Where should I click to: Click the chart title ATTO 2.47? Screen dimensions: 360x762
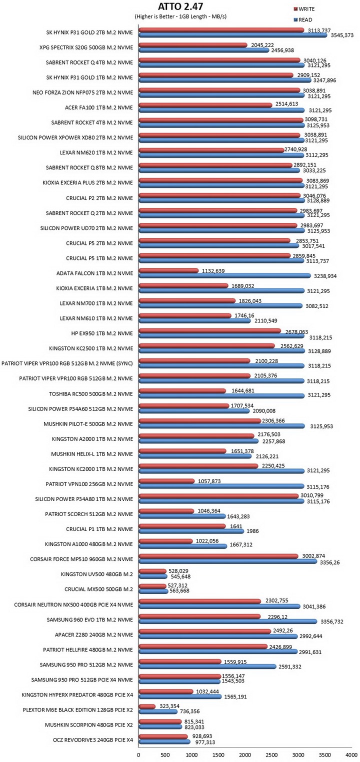click(180, 7)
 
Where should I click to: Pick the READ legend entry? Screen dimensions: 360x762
click(303, 19)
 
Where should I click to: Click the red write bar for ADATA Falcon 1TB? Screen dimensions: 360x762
click(168, 270)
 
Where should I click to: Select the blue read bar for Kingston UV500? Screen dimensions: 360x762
click(153, 576)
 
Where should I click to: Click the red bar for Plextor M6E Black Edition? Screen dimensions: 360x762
click(147, 706)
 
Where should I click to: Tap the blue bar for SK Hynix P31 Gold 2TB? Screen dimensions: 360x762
click(233, 34)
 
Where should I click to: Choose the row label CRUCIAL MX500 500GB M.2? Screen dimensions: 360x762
click(98, 589)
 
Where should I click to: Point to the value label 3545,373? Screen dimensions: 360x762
click(342, 35)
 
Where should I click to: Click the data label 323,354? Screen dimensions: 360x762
click(169, 706)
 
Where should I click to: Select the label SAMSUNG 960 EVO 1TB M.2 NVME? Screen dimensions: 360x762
click(90, 619)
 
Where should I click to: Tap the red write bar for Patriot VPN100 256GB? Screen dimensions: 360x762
click(166, 481)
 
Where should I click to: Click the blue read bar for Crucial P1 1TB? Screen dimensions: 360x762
click(191, 531)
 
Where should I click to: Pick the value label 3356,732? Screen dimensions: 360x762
click(331, 621)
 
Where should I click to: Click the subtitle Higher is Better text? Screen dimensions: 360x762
click(180, 16)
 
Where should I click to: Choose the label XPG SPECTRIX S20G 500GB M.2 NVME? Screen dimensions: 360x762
click(86, 47)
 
